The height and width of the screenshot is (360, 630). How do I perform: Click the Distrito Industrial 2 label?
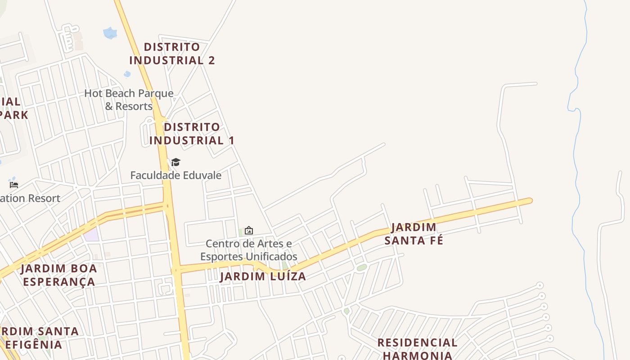coord(172,54)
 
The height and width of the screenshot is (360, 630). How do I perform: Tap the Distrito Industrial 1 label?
coord(192,134)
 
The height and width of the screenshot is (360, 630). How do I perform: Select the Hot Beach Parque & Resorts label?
coord(129,100)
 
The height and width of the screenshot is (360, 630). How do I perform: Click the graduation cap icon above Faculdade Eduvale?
coord(175,162)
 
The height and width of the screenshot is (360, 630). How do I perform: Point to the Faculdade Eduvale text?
coord(176,175)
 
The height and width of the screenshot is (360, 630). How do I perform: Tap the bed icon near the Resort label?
coord(14,184)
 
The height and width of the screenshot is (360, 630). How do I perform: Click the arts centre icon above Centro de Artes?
coord(249,230)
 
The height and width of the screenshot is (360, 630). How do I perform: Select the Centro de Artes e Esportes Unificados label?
coord(249,250)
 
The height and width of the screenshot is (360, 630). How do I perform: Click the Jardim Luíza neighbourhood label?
coord(263,276)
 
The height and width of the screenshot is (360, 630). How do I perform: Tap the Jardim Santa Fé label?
coord(414,234)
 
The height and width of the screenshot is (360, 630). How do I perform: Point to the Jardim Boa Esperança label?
coord(59,275)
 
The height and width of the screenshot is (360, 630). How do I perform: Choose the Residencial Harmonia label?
coord(417,349)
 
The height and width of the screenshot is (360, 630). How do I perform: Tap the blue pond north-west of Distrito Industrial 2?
coord(110,33)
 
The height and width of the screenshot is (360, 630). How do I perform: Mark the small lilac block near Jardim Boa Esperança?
coord(91,234)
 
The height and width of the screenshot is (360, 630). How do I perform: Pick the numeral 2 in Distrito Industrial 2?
coord(211,60)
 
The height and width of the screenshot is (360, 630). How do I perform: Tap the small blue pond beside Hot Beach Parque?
coord(127,73)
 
